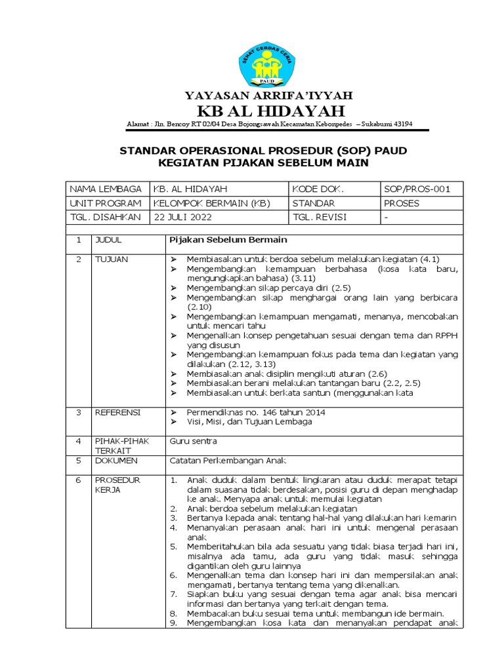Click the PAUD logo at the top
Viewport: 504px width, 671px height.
click(266, 64)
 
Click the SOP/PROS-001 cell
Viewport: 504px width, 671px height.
click(417, 189)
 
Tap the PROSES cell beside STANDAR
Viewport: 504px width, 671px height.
click(402, 203)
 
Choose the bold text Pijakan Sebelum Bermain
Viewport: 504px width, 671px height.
click(219, 240)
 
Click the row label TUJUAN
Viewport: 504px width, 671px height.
click(112, 259)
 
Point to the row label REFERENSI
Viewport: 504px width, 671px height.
click(118, 413)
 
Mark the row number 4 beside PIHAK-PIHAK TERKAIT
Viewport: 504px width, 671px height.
click(78, 441)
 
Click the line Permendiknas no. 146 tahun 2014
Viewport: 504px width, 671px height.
click(256, 413)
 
